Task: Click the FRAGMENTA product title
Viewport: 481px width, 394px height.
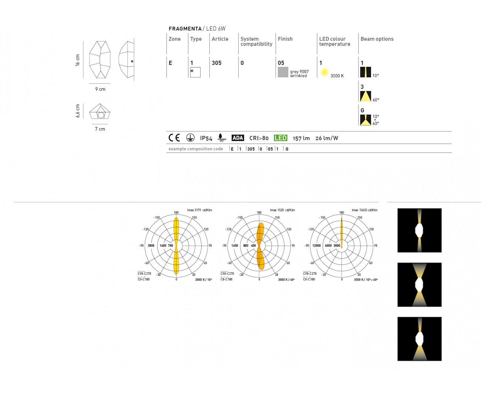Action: click(185, 29)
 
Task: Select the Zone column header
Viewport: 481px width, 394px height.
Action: click(175, 39)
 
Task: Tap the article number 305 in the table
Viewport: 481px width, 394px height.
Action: click(216, 63)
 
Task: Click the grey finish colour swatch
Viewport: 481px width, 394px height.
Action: click(283, 72)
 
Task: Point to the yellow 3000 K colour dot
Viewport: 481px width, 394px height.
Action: click(324, 72)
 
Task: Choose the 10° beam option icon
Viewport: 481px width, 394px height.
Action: click(365, 72)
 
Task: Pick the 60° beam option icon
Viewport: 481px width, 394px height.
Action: click(365, 96)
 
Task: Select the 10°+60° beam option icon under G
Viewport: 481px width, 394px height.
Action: click(365, 120)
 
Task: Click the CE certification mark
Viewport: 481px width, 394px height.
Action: click(174, 138)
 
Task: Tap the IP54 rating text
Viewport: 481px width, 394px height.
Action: click(206, 138)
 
